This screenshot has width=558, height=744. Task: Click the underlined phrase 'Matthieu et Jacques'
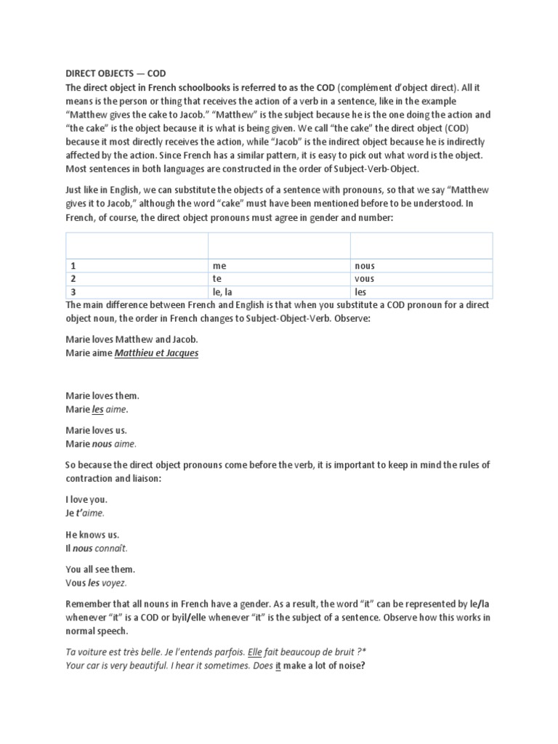point(156,353)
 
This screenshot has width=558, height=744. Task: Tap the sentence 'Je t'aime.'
point(85,513)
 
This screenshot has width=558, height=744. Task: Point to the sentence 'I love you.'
point(86,500)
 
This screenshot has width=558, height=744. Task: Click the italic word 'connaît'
point(117,548)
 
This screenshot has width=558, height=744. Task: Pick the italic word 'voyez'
point(114,583)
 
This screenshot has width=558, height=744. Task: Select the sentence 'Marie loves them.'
point(102,396)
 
